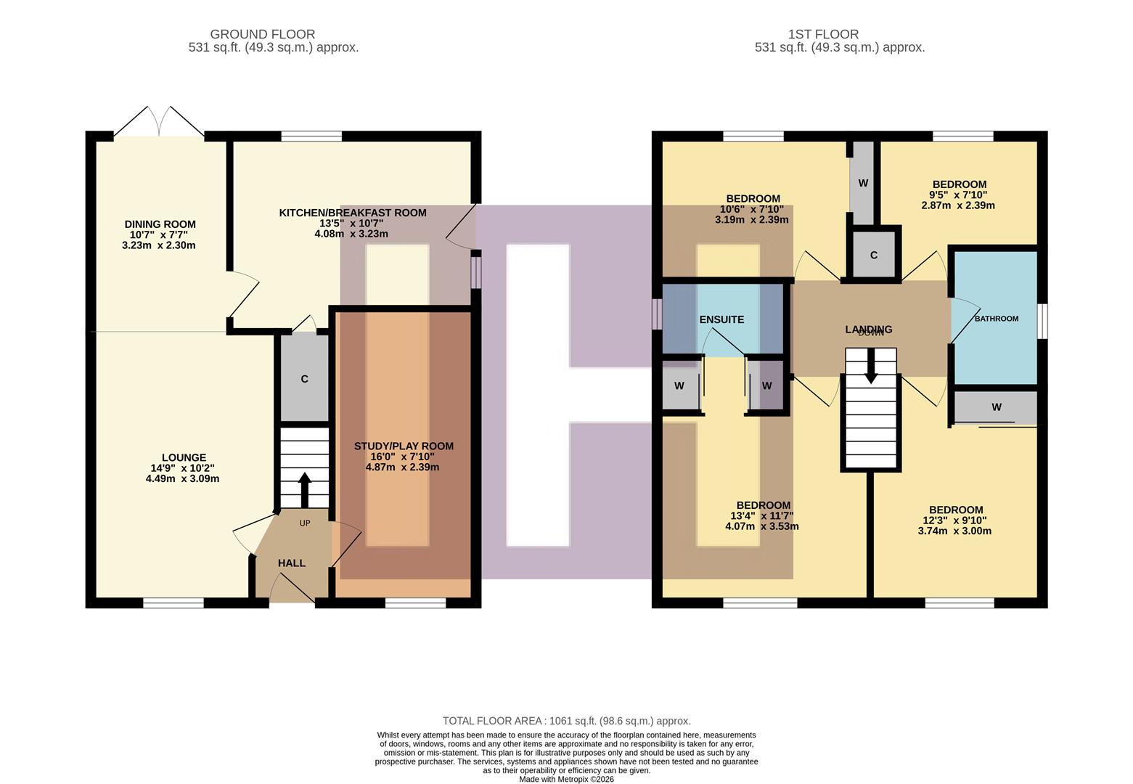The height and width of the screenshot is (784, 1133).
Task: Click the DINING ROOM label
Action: (x=160, y=224)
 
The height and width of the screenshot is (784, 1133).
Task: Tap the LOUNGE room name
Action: (x=184, y=457)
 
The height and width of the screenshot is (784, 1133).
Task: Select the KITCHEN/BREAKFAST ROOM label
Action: (x=353, y=213)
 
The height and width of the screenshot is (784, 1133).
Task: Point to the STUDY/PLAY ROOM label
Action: (x=404, y=446)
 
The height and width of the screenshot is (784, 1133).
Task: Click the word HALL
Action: (x=291, y=563)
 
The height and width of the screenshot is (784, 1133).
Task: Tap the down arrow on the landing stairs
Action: (x=870, y=367)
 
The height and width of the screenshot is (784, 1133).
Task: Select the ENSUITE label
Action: (x=721, y=319)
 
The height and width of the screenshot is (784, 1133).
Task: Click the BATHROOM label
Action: (x=996, y=319)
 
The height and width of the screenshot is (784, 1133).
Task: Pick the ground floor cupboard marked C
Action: (x=304, y=379)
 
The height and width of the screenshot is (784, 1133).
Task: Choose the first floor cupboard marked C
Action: (x=874, y=255)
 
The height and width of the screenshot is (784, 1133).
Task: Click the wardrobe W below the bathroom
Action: (x=996, y=407)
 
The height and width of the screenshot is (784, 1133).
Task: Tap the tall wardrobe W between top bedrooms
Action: (x=863, y=183)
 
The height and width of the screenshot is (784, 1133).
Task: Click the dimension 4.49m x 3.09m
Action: (x=182, y=478)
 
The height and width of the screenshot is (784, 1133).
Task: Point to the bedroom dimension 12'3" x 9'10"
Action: (x=954, y=520)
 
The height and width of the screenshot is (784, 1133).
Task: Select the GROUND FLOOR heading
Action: (x=262, y=34)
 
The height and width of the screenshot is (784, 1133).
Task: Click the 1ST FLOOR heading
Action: (x=823, y=34)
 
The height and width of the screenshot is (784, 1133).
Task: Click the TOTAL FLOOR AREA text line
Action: (x=566, y=721)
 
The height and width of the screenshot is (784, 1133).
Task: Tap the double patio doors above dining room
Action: (x=159, y=122)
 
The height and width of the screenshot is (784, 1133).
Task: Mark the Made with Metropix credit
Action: (x=566, y=779)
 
